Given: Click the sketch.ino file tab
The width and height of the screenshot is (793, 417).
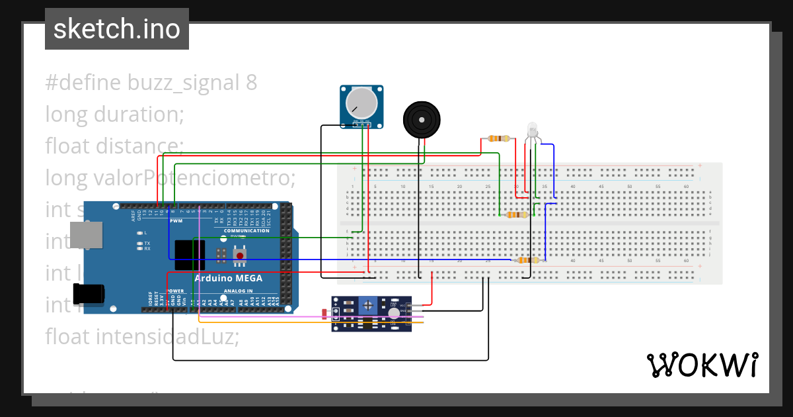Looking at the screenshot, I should tap(117, 29).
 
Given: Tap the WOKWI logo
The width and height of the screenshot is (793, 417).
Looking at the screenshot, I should tap(701, 365).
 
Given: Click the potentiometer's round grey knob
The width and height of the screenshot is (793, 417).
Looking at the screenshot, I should tap(361, 103).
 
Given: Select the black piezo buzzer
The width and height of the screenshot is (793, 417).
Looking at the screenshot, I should tap(420, 120).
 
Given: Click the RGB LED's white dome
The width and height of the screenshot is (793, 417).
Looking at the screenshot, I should tap(533, 128).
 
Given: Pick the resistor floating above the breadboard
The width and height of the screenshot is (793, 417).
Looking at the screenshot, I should tap(499, 138).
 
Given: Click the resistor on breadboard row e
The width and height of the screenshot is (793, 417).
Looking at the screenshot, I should tap(515, 214).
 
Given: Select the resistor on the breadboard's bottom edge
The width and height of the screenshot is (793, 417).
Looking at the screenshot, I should tap(528, 260).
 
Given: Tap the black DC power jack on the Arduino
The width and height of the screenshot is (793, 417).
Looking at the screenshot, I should tap(89, 293).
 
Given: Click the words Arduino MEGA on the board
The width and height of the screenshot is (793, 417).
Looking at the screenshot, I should tap(228, 278).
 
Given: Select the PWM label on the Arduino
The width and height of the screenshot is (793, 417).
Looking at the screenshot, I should tap(176, 220).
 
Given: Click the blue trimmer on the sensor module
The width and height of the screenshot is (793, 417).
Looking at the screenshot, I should tap(369, 305).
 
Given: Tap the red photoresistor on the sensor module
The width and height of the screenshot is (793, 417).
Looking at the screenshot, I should tap(323, 314).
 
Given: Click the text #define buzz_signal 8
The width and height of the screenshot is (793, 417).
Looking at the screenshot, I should tap(151, 83).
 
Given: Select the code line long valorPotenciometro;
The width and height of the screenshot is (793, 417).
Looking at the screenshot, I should tap(170, 178).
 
